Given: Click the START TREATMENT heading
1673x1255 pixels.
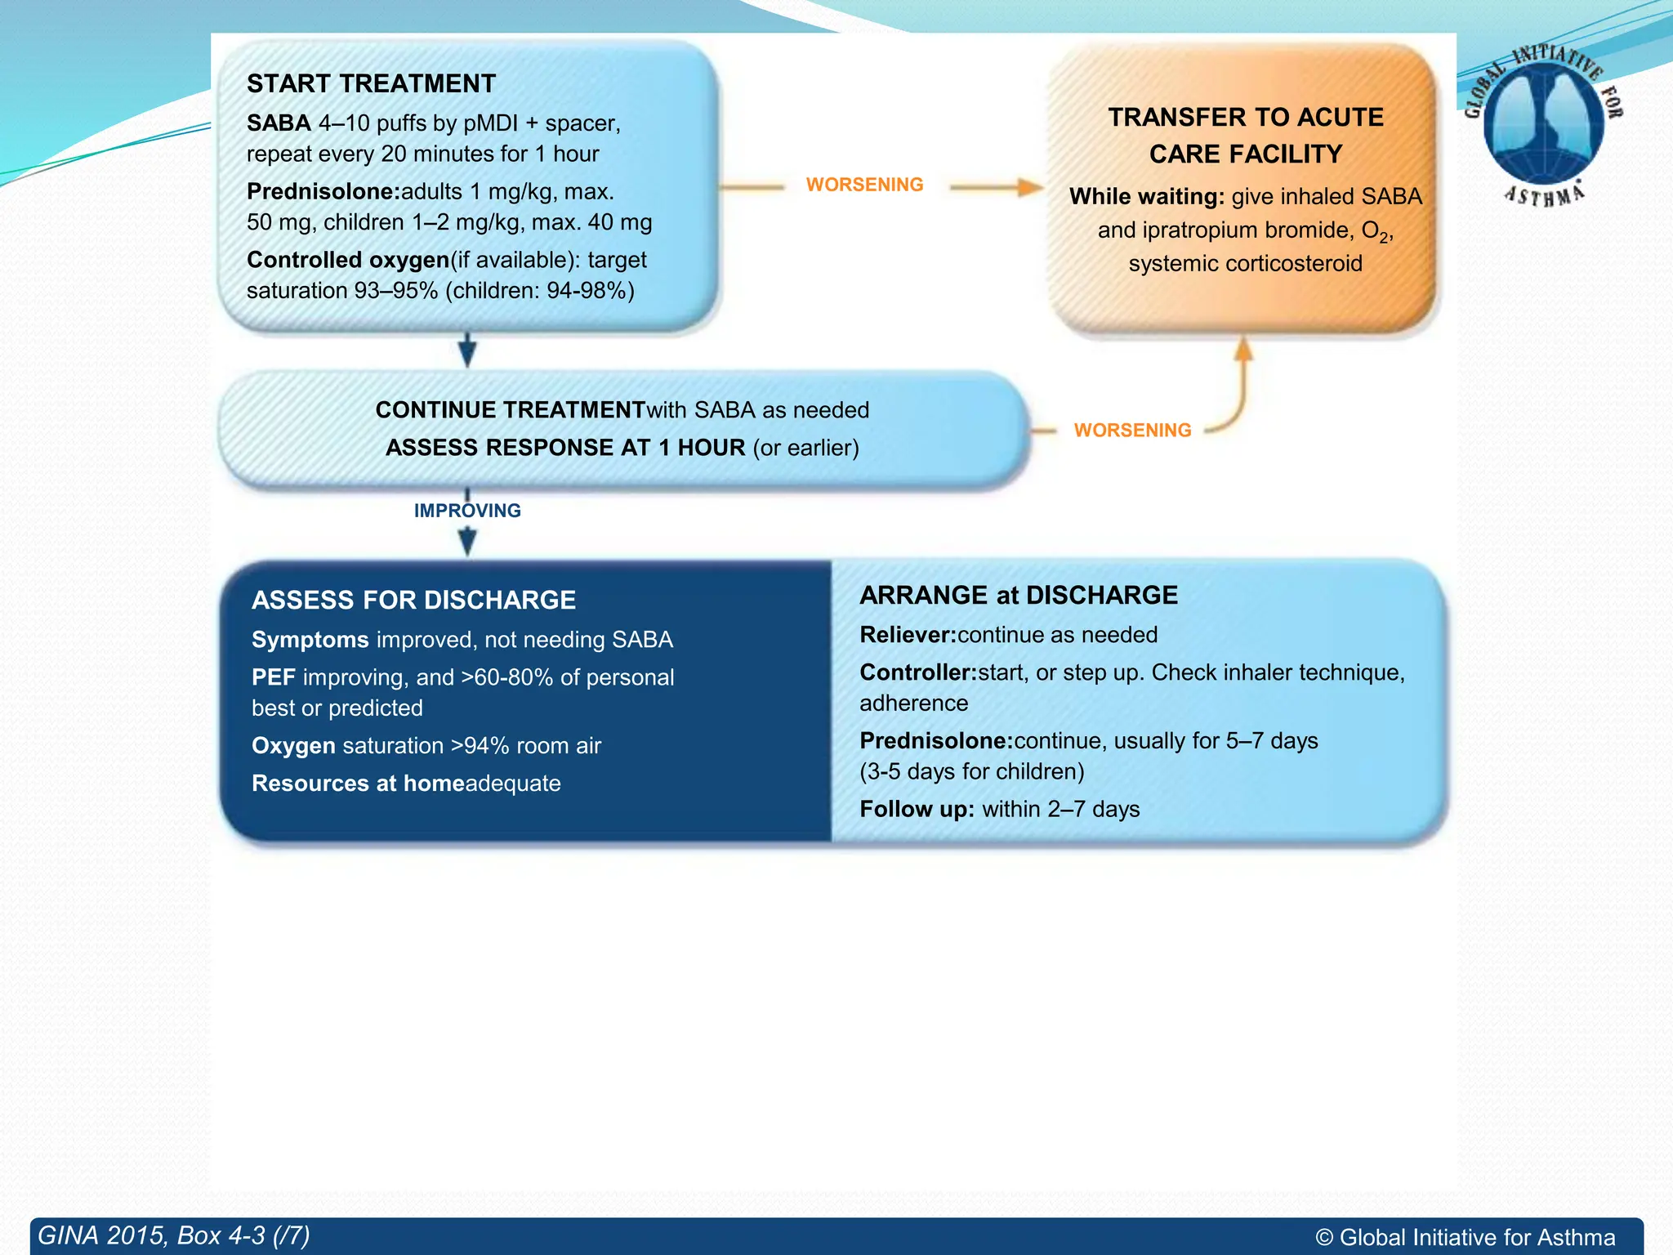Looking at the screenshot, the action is (x=371, y=83).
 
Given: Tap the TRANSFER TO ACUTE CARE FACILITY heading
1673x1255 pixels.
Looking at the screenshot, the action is (x=1245, y=136).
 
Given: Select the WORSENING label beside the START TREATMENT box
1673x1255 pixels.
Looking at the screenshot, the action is (x=864, y=185).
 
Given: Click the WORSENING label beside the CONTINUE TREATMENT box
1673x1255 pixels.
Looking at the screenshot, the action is (x=1132, y=431).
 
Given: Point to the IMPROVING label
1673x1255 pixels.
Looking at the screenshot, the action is (x=467, y=511).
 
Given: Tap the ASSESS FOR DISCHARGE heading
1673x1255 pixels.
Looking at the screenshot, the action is (x=413, y=600).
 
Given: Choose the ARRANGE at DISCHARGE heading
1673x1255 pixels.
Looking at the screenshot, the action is (x=1019, y=595).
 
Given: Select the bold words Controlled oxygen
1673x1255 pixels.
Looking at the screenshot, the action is (x=348, y=260).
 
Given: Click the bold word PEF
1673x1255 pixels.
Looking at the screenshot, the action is (x=273, y=677).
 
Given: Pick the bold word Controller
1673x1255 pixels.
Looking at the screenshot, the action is (x=918, y=672).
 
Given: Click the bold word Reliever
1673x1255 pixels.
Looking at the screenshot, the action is (x=908, y=635).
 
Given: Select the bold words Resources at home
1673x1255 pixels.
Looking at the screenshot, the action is (x=358, y=784).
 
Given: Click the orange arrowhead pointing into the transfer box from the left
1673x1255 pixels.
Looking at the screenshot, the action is (x=1030, y=187).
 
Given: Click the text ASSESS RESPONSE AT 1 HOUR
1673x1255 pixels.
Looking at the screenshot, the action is (x=565, y=448).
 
